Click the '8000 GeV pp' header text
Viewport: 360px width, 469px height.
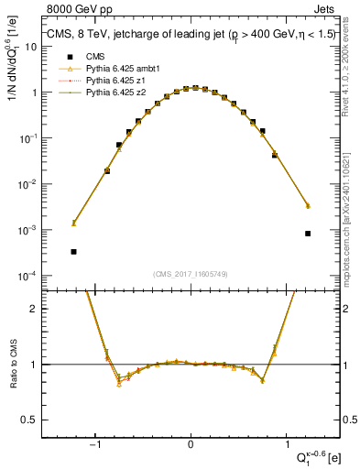coord(73,8)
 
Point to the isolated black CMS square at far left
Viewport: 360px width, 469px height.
coord(73,251)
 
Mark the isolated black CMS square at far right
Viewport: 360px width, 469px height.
coord(308,233)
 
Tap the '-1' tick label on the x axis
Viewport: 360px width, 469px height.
coord(94,447)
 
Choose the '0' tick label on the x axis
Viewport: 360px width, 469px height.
coord(191,447)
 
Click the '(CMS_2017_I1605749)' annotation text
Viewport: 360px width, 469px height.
coord(191,274)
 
